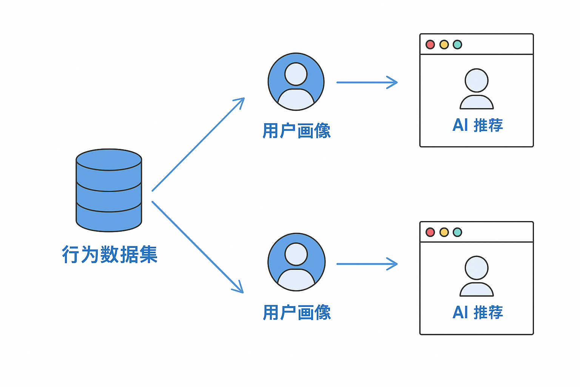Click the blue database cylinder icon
click(x=109, y=190)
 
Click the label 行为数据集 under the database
click(x=110, y=254)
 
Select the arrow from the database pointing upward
click(x=198, y=145)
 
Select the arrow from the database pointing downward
click(x=197, y=247)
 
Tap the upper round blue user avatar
click(x=296, y=82)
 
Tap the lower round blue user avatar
click(x=296, y=262)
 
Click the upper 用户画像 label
click(x=296, y=131)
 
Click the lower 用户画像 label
click(x=297, y=313)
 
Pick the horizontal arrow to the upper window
click(x=367, y=82)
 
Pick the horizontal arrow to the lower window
click(x=367, y=264)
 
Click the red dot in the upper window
click(x=430, y=45)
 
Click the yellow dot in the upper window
click(x=444, y=45)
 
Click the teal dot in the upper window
click(x=457, y=45)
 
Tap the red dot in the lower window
click(x=430, y=232)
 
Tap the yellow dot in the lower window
click(x=444, y=232)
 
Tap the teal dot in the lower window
click(x=457, y=232)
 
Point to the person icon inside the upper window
click(x=477, y=89)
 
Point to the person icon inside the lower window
click(x=477, y=276)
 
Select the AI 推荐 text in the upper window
click(x=478, y=125)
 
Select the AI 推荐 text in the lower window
click(x=478, y=313)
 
